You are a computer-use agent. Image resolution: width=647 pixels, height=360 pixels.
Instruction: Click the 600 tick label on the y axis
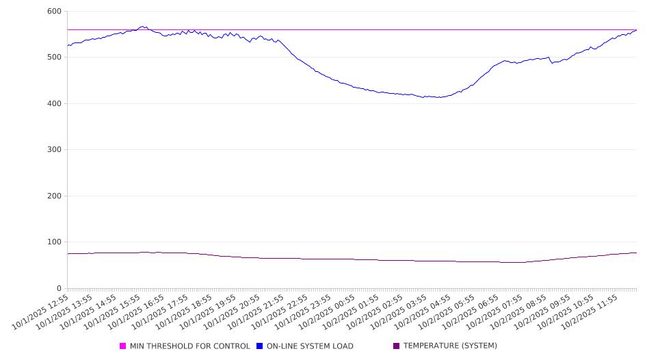tap(54, 12)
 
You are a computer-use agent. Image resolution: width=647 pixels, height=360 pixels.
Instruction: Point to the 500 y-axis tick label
tap(54, 57)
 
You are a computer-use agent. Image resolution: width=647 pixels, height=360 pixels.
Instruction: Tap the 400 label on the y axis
tap(54, 104)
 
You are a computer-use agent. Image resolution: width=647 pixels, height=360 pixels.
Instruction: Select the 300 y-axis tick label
tap(54, 150)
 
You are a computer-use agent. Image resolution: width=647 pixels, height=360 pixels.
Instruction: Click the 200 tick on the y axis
tap(54, 196)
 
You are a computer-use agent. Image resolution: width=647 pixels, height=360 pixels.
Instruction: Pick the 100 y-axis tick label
tap(54, 242)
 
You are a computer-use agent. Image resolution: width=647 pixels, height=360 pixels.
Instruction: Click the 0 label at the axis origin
tap(59, 289)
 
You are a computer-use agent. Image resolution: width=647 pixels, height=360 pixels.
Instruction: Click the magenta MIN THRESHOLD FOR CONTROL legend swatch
tap(123, 346)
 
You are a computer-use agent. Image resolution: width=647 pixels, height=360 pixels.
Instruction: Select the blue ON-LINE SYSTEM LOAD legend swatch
tap(260, 346)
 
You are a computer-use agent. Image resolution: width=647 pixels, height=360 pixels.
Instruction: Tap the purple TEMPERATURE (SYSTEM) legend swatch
tap(397, 346)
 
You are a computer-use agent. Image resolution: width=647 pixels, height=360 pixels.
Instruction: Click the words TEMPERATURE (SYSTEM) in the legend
tap(450, 346)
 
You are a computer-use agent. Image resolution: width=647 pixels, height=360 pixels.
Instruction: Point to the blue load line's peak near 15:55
tap(143, 27)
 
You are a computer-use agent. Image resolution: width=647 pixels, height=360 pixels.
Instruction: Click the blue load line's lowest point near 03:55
tap(438, 97)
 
